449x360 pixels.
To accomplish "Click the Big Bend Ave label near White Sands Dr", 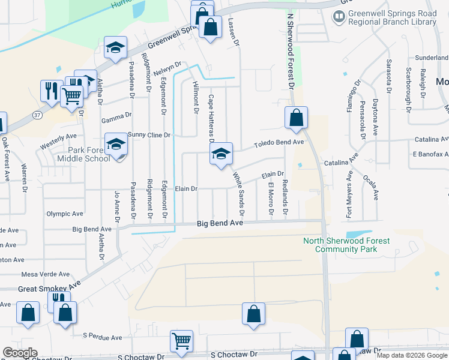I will [220, 223].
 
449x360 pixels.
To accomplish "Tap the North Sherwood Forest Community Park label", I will [346, 245].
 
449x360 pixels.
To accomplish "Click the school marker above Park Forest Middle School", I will [116, 143].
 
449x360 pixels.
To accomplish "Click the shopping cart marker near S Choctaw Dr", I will [181, 341].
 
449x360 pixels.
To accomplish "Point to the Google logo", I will [20, 353].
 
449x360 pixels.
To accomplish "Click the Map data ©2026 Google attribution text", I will [412, 355].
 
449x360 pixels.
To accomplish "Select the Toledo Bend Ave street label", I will [279, 143].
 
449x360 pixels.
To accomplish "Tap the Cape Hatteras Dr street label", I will [211, 114].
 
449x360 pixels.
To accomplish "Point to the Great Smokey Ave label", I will [49, 289].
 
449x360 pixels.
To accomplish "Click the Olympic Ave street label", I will [65, 214].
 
